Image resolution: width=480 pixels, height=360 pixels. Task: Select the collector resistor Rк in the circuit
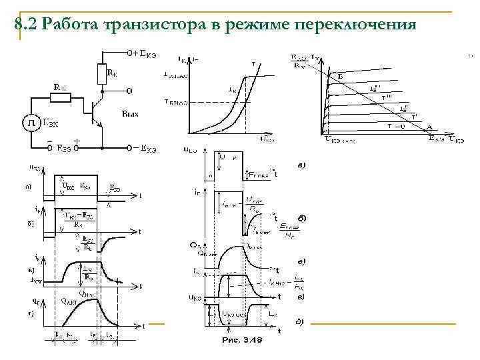[x=102, y=71]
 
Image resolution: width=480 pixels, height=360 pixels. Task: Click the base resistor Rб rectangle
[x=60, y=98]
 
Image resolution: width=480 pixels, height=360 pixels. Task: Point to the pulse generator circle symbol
[x=31, y=123]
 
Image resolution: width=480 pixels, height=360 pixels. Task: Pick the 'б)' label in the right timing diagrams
[x=301, y=217]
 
